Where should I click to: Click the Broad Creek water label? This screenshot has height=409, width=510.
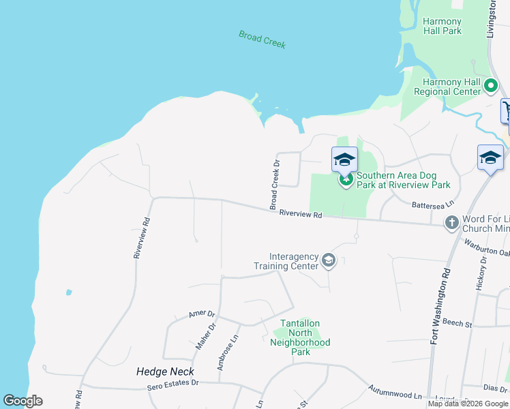262,39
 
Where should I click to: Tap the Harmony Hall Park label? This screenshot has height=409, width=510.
442,27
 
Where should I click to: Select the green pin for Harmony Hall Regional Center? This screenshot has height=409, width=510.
491,86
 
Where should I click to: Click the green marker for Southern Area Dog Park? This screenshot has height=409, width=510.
346,180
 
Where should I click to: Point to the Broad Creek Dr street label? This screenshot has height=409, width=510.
275,185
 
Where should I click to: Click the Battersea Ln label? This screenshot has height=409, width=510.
432,204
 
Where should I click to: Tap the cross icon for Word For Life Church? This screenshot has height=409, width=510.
451,223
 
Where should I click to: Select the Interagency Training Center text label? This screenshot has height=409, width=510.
286,261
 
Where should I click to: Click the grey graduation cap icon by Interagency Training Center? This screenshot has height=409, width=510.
329,260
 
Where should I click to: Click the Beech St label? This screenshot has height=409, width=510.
457,322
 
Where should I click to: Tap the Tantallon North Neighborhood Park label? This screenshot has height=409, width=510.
300,337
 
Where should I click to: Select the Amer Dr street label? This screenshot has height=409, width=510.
202,314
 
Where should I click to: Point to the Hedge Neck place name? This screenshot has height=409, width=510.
165,372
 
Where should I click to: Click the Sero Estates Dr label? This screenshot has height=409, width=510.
173,387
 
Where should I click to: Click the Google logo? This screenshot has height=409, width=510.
22,401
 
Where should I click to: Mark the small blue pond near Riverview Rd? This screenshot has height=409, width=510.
69,292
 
